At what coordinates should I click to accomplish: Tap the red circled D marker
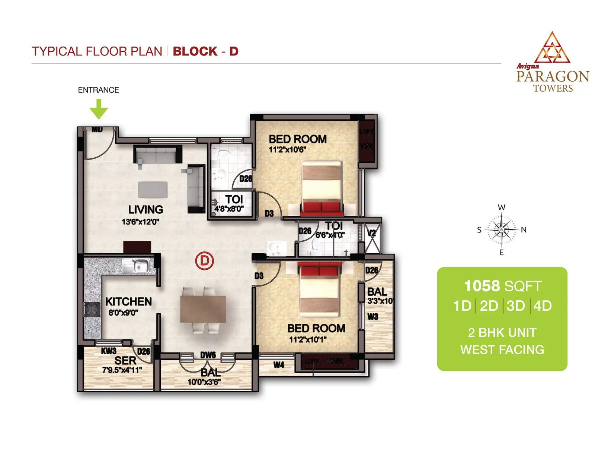click(204, 261)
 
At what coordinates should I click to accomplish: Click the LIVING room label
click(145, 209)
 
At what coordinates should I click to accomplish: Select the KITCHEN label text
click(128, 301)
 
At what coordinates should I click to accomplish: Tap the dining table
click(203, 309)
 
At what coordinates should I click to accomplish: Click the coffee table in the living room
click(153, 190)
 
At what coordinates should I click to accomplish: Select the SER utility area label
click(125, 361)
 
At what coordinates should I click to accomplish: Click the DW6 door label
click(208, 355)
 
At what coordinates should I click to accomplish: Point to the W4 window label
click(279, 365)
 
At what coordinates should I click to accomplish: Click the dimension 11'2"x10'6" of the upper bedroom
click(287, 150)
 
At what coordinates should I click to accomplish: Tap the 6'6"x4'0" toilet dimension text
click(330, 235)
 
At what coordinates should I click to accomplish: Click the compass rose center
click(501, 230)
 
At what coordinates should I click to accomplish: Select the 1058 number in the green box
click(482, 286)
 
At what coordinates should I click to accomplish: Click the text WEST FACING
click(502, 350)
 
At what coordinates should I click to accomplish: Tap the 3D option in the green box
click(515, 306)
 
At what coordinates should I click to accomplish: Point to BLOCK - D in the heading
click(205, 51)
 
